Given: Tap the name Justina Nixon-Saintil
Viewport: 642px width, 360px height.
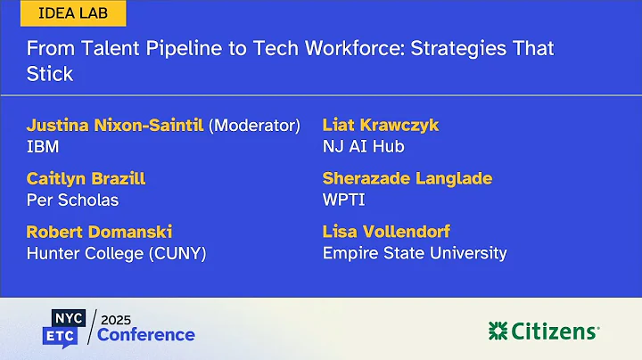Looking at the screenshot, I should coord(115,125).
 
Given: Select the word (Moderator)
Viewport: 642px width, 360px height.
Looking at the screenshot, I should coord(254,125).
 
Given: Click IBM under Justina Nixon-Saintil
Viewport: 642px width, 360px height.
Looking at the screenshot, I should coord(42,146).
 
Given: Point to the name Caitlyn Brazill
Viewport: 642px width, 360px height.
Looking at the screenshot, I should coord(86,178).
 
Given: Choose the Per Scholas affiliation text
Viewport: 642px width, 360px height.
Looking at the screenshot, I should coord(72,200).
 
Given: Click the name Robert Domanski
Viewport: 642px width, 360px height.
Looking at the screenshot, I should coord(99,232).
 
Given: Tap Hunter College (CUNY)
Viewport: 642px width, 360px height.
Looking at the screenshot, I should coord(116,253).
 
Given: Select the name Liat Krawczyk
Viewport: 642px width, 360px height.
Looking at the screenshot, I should coord(379,125).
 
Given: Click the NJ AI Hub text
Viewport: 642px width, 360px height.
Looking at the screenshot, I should coord(363,146).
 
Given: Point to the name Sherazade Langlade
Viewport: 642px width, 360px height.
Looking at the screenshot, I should coord(407,178).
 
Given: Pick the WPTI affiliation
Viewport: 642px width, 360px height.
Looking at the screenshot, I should coord(343,200).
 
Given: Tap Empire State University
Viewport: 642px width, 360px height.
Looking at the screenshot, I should coord(415,253).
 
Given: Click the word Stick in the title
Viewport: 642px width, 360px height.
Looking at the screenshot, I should coord(49,73).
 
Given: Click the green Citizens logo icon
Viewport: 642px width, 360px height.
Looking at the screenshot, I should coord(498,331).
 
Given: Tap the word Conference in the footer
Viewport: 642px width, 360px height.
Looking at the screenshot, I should coord(146,335).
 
